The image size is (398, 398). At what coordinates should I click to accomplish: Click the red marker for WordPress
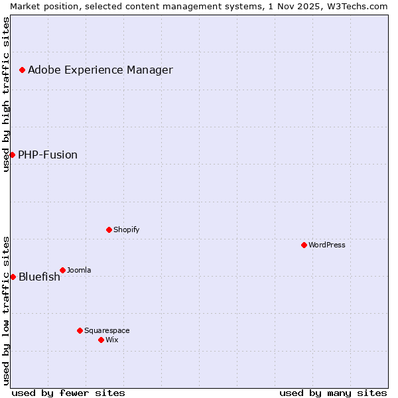304,245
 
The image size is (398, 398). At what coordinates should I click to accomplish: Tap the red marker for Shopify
109,230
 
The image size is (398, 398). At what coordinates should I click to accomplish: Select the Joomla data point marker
62,270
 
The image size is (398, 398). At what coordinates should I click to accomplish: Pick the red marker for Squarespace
80,330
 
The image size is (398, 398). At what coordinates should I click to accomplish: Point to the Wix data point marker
101,340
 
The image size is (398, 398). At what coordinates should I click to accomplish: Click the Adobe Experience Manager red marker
22,70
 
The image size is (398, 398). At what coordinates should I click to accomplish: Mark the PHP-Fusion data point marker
12,155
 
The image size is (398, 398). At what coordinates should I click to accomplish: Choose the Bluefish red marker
13,277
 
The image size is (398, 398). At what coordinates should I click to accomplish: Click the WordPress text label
327,245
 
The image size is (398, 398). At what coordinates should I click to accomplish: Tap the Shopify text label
127,230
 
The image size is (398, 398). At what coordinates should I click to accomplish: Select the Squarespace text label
107,330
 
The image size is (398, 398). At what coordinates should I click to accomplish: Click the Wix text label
112,340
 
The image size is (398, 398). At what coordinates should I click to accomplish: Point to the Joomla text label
79,270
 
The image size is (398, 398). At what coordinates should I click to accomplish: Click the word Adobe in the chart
44,70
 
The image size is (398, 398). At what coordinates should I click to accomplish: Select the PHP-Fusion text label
48,155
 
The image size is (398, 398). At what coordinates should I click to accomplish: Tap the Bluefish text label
39,277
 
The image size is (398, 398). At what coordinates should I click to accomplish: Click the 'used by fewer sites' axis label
68,393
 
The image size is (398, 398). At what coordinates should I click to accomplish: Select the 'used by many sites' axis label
333,393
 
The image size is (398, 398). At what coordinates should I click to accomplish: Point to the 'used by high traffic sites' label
6,94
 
